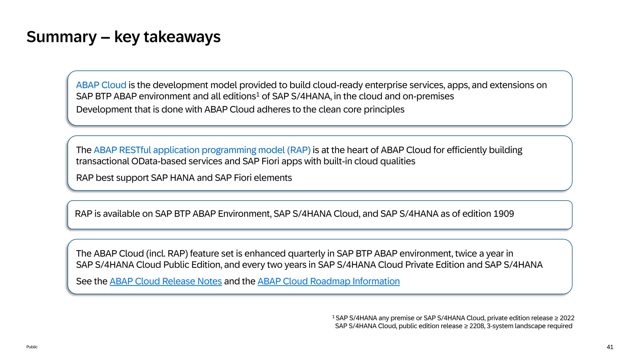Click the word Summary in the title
pyautogui.click(x=62, y=37)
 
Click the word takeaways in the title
pyautogui.click(x=182, y=37)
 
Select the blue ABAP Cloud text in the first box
pyautogui.click(x=101, y=85)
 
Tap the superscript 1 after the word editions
pyautogui.click(x=258, y=94)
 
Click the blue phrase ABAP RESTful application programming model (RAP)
pyautogui.click(x=202, y=150)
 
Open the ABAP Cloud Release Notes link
pyautogui.click(x=166, y=281)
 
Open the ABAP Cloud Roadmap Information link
pyautogui.click(x=328, y=281)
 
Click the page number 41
pyautogui.click(x=610, y=347)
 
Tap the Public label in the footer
pyautogui.click(x=32, y=347)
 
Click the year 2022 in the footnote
pyautogui.click(x=567, y=318)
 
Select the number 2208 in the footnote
pyautogui.click(x=477, y=326)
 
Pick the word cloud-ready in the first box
pyautogui.click(x=337, y=85)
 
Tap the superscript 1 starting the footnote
pyautogui.click(x=333, y=317)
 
